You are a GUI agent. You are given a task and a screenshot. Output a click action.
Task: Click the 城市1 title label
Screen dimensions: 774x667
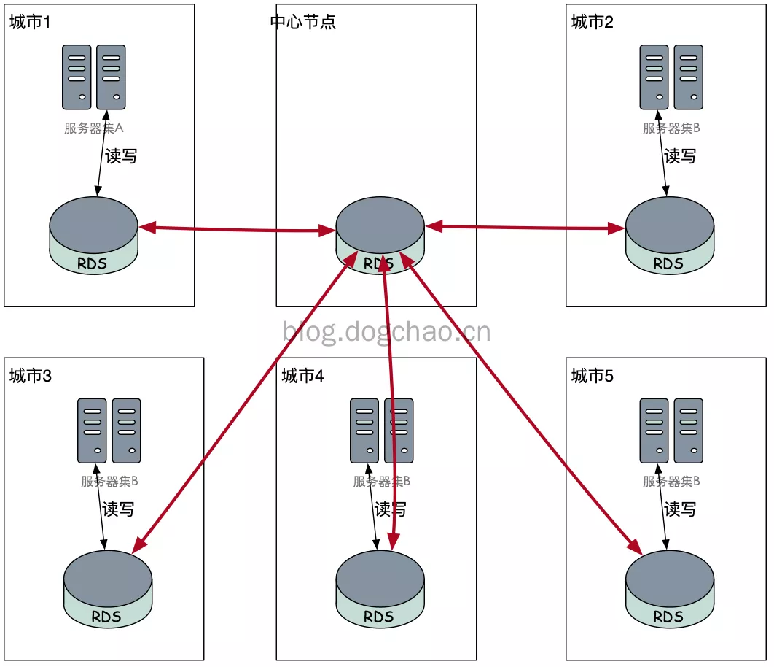(30, 22)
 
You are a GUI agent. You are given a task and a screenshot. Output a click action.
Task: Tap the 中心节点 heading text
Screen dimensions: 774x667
(303, 22)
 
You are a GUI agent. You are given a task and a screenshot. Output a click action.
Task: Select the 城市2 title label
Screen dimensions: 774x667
(592, 22)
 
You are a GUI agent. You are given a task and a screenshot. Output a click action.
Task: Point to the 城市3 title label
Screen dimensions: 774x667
(30, 376)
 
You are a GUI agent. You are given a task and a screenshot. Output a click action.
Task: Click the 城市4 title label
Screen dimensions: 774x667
(302, 376)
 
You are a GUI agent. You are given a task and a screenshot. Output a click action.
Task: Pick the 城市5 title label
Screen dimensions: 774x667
(592, 376)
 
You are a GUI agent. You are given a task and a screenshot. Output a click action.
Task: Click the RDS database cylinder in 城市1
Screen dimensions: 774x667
(93, 236)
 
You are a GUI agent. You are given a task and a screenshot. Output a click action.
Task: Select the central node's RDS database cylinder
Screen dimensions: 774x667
(380, 236)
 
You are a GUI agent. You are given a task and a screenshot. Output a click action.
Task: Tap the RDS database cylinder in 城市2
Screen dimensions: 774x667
(669, 236)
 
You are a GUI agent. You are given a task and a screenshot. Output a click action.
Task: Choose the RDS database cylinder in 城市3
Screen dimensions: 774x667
(108, 590)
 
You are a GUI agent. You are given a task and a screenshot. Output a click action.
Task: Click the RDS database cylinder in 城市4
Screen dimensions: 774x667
(380, 590)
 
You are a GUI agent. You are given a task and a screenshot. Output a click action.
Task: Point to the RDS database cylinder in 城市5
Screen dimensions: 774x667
(669, 590)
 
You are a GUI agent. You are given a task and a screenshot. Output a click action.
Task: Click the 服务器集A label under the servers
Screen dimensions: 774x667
(94, 128)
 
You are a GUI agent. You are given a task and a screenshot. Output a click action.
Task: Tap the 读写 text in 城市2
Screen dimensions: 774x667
(680, 156)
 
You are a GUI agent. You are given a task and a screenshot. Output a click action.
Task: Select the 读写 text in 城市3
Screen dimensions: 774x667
(118, 509)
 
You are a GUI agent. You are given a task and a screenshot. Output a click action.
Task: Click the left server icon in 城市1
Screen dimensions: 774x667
(77, 77)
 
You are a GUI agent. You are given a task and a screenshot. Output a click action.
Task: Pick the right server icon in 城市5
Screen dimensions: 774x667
(688, 431)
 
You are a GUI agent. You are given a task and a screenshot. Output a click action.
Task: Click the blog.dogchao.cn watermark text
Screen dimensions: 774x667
(386, 332)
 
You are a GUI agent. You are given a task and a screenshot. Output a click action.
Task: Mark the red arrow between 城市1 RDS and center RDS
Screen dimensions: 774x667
(238, 229)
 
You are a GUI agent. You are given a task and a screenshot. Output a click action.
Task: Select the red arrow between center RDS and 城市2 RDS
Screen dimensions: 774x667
(525, 228)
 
